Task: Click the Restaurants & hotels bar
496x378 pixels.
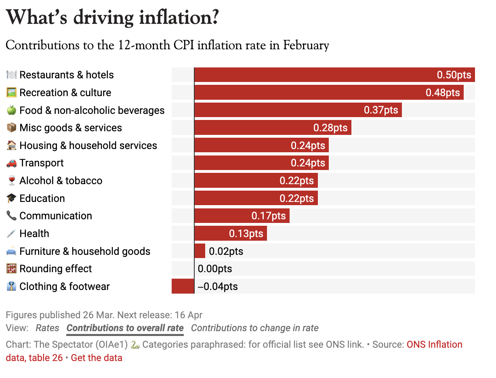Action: click(334, 75)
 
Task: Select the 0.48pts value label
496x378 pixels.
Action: click(443, 92)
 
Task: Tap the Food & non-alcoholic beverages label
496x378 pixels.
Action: click(92, 110)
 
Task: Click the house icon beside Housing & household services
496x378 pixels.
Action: click(11, 145)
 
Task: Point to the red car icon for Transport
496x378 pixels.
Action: click(11, 163)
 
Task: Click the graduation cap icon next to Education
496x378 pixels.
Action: click(11, 198)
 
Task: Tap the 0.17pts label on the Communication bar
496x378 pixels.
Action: click(269, 216)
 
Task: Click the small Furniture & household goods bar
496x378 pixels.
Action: click(200, 251)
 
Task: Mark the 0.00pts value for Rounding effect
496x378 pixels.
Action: click(215, 269)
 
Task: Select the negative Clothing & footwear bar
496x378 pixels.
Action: click(183, 286)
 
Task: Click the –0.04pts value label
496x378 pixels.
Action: click(218, 287)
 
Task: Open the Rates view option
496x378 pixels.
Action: click(47, 328)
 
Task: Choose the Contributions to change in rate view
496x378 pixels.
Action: click(254, 328)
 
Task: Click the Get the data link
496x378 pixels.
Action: click(97, 358)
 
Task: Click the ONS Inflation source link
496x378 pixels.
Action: click(434, 345)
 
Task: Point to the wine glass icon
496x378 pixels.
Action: click(11, 181)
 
